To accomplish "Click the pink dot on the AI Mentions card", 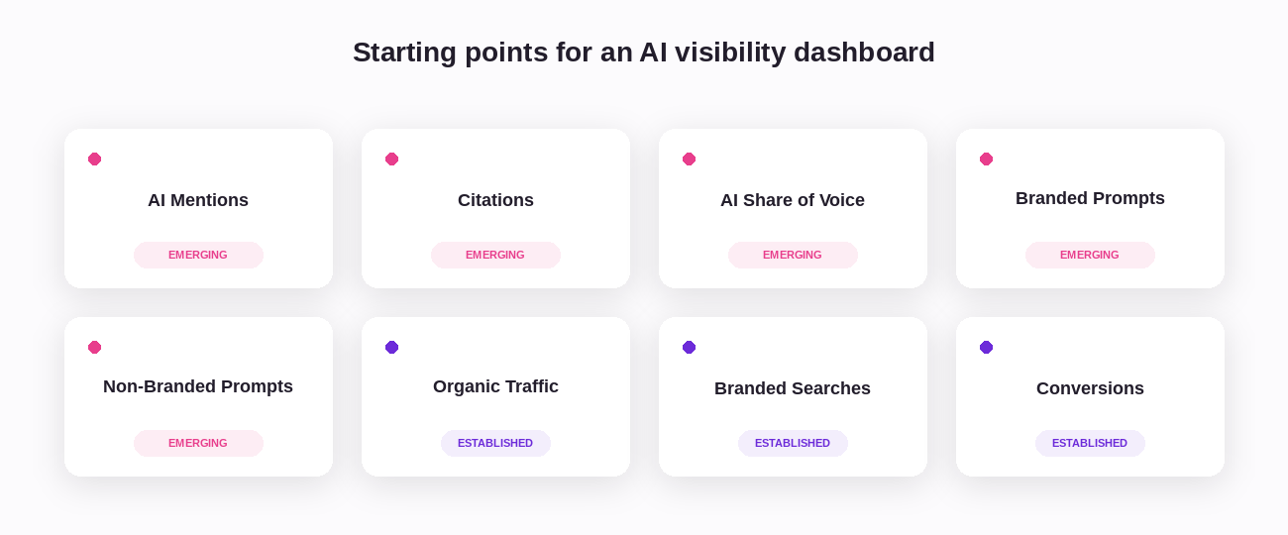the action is click(x=95, y=159).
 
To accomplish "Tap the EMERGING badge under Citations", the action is click(x=495, y=255).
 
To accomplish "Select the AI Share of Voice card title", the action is click(x=793, y=200).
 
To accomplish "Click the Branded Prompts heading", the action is click(x=1090, y=198).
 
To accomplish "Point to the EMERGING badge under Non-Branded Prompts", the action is click(x=198, y=443).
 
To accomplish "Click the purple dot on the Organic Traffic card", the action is click(x=392, y=347).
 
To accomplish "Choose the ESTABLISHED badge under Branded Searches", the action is click(x=793, y=443).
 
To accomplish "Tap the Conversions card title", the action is click(x=1090, y=388).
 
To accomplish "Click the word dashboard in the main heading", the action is click(x=864, y=53).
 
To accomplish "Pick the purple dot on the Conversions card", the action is click(x=986, y=347).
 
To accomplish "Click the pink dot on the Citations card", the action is click(x=392, y=159).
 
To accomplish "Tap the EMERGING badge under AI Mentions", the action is click(x=198, y=255).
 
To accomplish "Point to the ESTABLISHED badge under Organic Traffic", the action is click(x=495, y=443).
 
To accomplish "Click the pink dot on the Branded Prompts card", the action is click(x=986, y=159).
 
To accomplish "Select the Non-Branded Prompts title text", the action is click(x=198, y=386).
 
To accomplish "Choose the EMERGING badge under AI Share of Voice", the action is click(x=793, y=255).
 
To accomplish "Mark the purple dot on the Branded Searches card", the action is click(x=689, y=347).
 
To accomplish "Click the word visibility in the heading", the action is click(x=730, y=53).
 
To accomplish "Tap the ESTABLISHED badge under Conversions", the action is click(x=1090, y=443).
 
